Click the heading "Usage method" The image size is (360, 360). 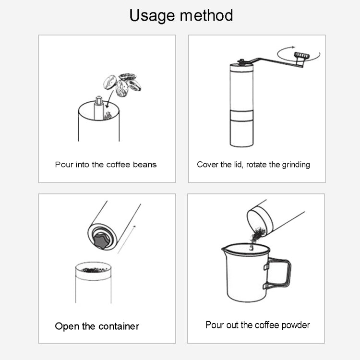pyautogui.click(x=181, y=15)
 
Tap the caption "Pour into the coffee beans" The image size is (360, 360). pyautogui.click(x=106, y=165)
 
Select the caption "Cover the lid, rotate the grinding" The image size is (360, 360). pyautogui.click(x=253, y=165)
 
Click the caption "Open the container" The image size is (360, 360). pyautogui.click(x=97, y=326)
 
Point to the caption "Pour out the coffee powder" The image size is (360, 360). pyautogui.click(x=258, y=325)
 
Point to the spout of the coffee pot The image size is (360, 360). pyautogui.click(x=224, y=250)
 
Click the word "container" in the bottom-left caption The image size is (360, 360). pyautogui.click(x=119, y=326)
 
